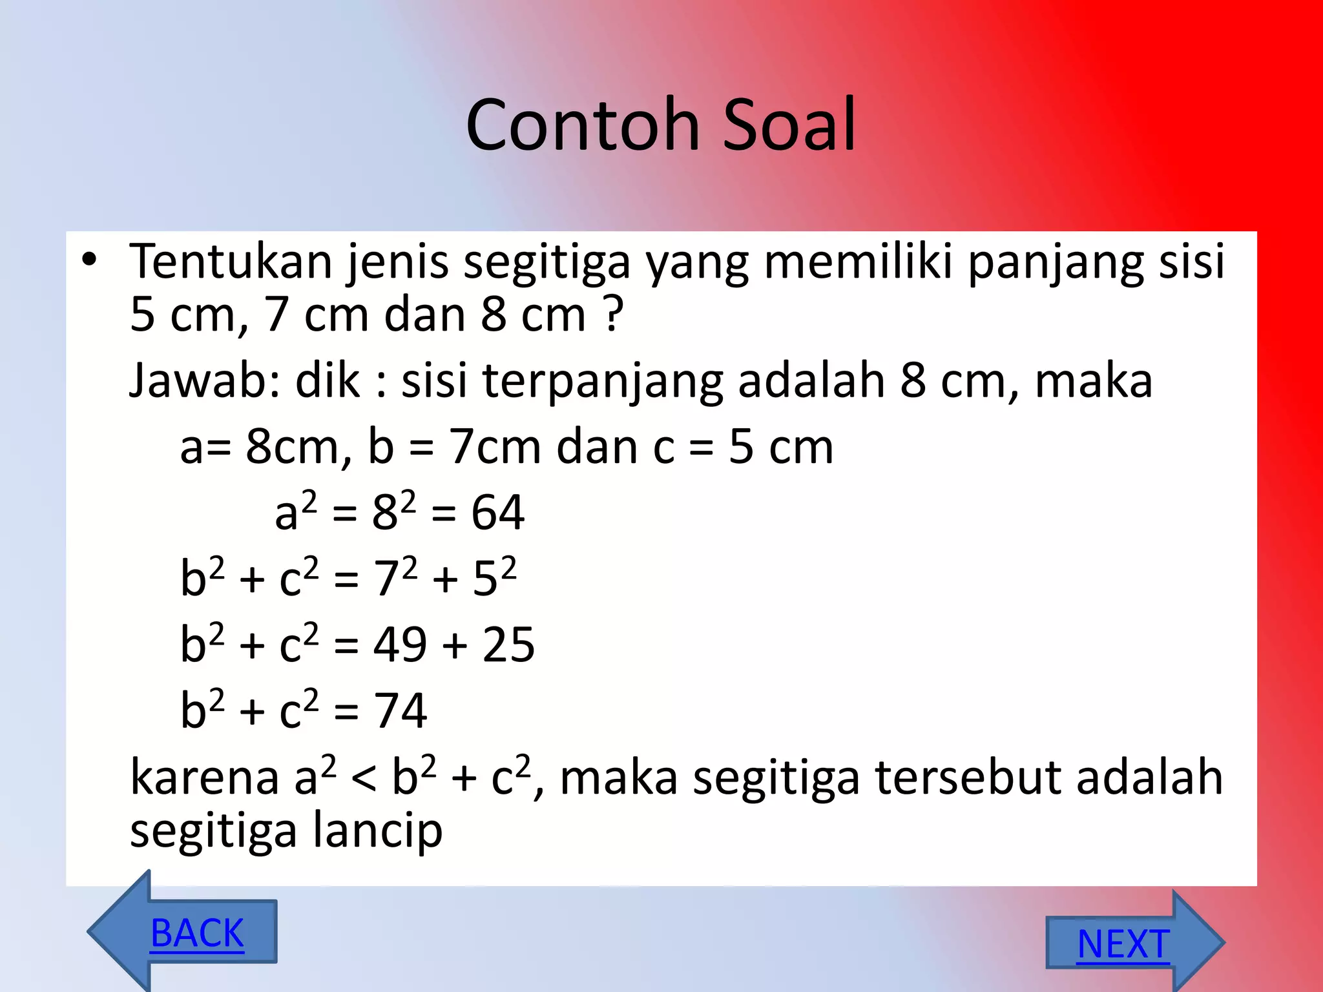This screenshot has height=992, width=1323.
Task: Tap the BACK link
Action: coord(197,933)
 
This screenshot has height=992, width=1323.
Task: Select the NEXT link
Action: coord(1123,944)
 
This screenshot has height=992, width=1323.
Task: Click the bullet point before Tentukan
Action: coord(89,260)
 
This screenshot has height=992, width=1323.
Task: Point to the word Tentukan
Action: coord(231,262)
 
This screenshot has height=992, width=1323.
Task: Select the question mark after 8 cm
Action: coord(614,315)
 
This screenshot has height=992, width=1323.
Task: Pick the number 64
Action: coord(497,513)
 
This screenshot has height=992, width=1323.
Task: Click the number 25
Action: coord(508,645)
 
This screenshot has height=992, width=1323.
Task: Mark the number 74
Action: coord(400,710)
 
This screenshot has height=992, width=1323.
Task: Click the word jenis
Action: coord(397,262)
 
